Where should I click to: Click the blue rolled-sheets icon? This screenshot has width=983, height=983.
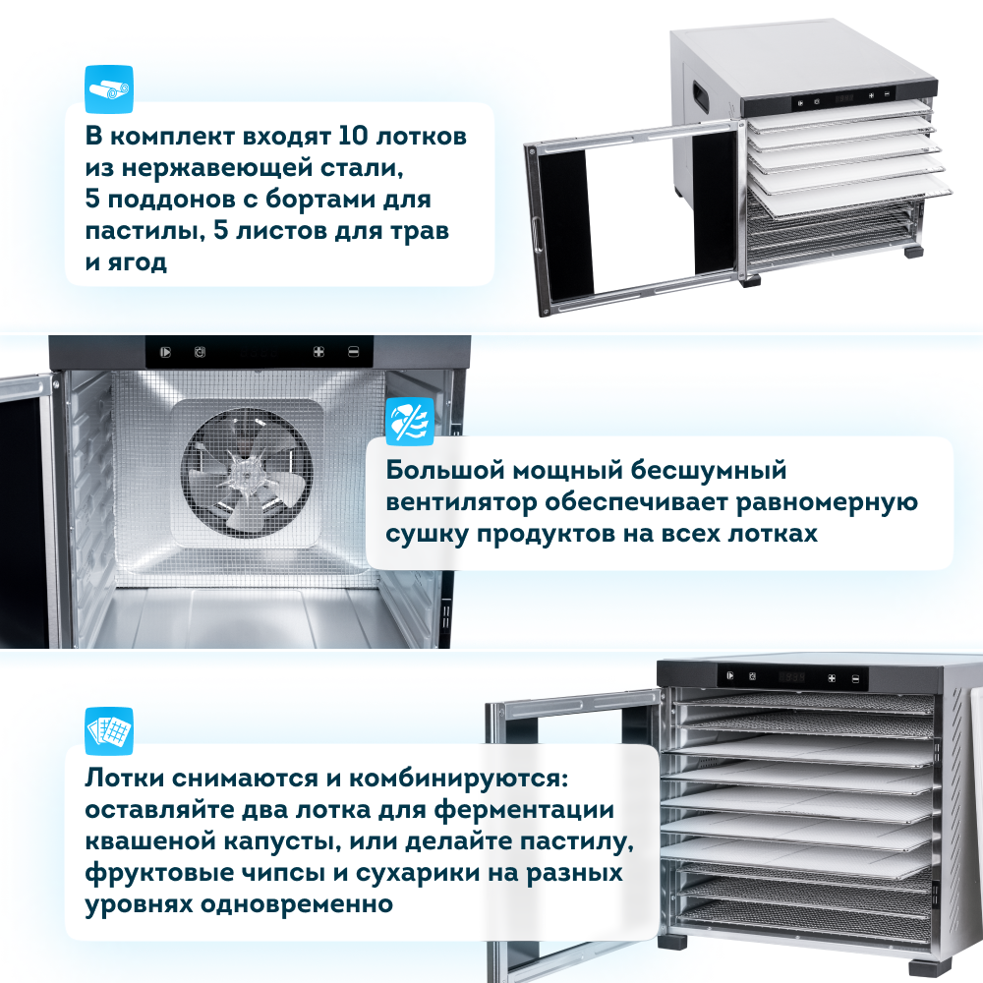tap(109, 89)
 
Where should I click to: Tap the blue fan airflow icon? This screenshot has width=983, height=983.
tap(409, 422)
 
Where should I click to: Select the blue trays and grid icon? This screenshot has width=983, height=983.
tap(109, 731)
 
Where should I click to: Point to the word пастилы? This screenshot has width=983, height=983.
tap(145, 231)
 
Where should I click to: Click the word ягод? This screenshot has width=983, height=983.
tap(137, 262)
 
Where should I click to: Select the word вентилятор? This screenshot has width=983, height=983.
tap(461, 502)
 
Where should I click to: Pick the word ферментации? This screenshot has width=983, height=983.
tap(524, 809)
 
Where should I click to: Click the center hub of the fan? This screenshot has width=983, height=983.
tap(247, 474)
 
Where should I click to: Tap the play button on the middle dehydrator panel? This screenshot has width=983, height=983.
tap(165, 352)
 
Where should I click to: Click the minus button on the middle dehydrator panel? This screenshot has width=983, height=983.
tap(354, 352)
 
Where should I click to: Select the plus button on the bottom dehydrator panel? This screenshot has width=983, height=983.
tap(832, 678)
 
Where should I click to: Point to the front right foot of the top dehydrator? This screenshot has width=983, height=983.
tap(913, 251)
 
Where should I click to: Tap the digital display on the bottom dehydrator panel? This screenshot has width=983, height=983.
tap(791, 677)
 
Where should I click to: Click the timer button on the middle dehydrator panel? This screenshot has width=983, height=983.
tap(200, 352)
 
